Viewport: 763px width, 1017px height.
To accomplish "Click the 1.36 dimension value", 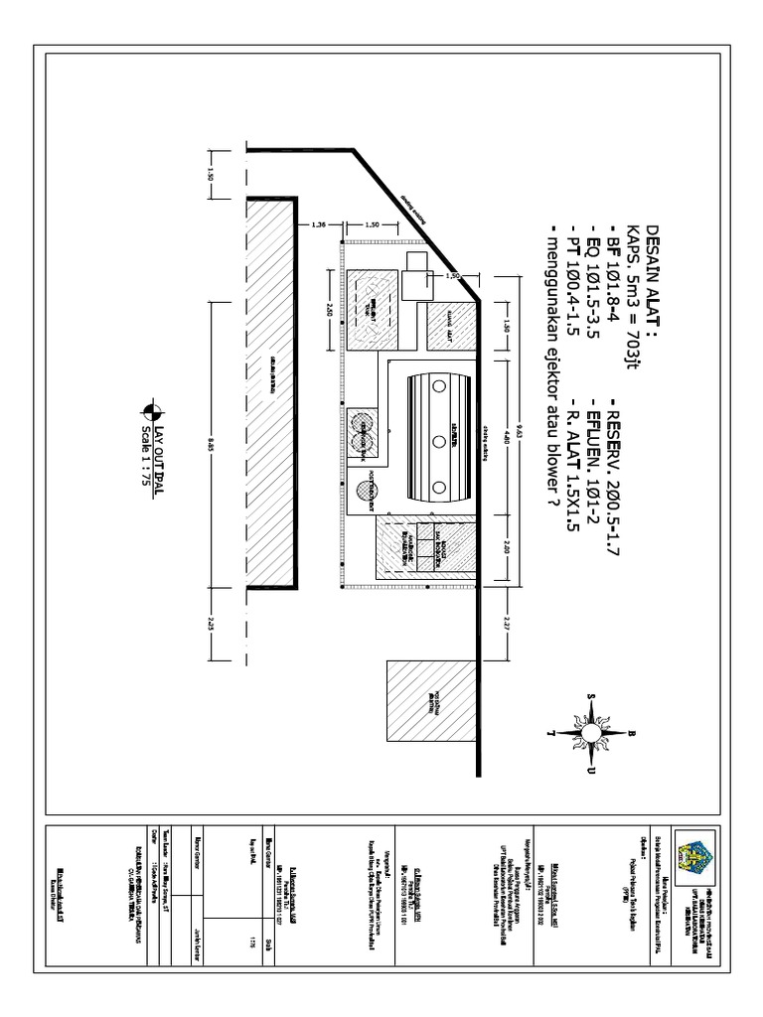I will (x=320, y=223).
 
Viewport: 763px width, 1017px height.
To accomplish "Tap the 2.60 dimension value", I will (x=328, y=308).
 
